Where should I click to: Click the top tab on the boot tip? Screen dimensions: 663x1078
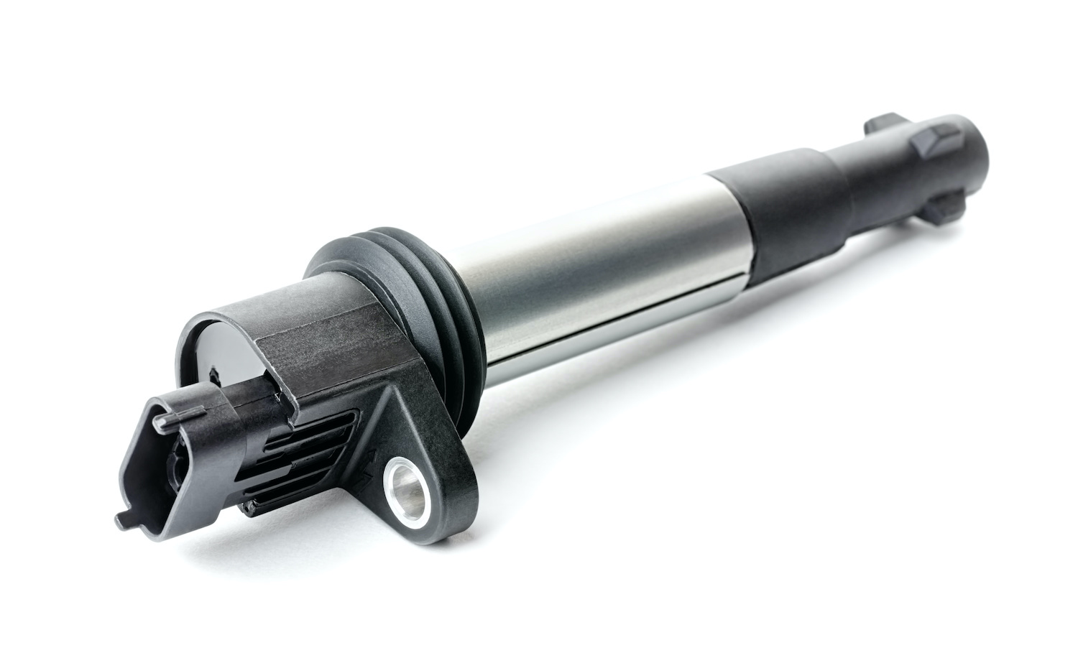point(883,122)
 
